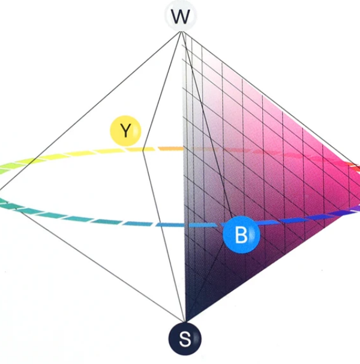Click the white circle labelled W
click(x=179, y=18)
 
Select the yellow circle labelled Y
click(x=125, y=131)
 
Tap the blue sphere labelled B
click(x=241, y=235)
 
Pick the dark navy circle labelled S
click(x=185, y=340)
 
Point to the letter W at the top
click(x=179, y=19)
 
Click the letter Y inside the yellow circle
click(x=125, y=131)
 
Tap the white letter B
click(x=241, y=235)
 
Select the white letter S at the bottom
click(x=185, y=341)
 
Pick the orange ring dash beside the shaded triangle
click(x=170, y=148)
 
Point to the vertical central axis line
click(x=182, y=180)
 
